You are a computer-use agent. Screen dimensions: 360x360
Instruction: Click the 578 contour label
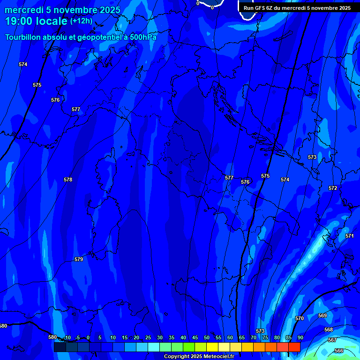68,180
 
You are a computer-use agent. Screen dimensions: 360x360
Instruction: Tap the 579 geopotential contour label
79,259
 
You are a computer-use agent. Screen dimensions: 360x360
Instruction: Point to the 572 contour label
333,188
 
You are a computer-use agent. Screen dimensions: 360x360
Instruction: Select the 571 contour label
349,236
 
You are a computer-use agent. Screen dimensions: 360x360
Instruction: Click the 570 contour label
300,318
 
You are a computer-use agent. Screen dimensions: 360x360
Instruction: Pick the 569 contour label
322,315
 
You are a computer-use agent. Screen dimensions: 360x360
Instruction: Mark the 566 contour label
339,351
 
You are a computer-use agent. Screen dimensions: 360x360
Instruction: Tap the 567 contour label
332,340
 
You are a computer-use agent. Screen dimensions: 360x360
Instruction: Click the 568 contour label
329,330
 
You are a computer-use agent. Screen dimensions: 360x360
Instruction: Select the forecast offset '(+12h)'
81,21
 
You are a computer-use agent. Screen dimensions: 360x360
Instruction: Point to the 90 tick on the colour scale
300,337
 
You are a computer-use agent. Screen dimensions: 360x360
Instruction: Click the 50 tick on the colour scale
206,337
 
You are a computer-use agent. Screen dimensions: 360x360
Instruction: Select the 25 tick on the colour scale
148,337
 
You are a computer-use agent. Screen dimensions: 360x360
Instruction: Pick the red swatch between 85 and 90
294,347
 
